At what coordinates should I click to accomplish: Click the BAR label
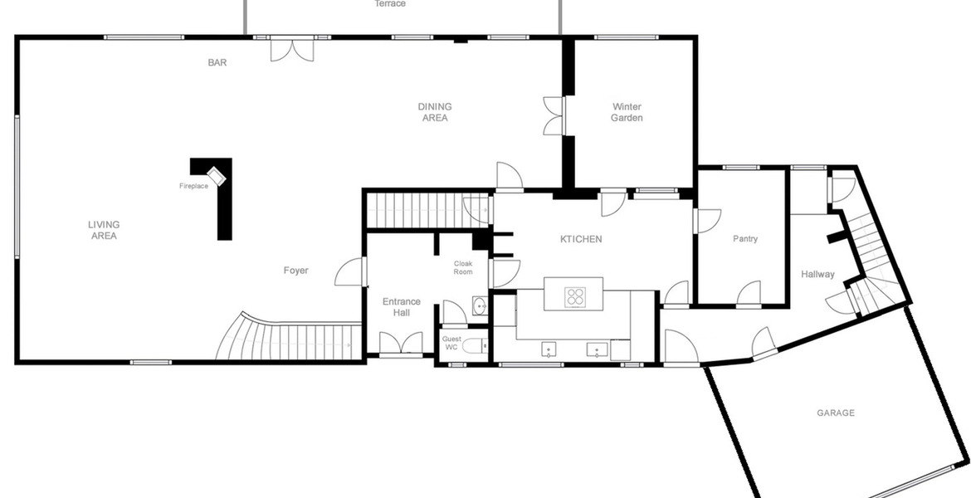click(x=217, y=62)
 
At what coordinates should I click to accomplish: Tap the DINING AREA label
click(x=435, y=112)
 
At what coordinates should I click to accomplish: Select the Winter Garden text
click(x=627, y=112)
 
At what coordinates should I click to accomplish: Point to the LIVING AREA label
click(x=104, y=230)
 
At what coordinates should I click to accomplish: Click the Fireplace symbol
click(x=216, y=176)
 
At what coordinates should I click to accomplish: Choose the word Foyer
click(x=296, y=270)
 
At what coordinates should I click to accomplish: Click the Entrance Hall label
click(x=402, y=306)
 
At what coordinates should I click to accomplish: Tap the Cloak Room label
click(x=463, y=267)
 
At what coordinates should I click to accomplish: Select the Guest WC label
click(x=451, y=343)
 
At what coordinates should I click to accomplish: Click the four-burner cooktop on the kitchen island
click(x=575, y=297)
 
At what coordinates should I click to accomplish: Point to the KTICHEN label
click(x=581, y=239)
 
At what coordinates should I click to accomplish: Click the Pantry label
click(x=745, y=238)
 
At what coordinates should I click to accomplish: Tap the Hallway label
click(x=817, y=274)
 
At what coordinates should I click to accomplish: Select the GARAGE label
click(x=836, y=413)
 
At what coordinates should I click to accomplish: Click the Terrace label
click(x=390, y=3)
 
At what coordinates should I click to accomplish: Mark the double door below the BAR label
click(x=292, y=50)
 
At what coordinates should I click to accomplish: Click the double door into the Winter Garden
click(x=554, y=116)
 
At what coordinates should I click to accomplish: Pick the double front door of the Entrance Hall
click(x=402, y=344)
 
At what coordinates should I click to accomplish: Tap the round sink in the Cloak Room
click(x=480, y=306)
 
